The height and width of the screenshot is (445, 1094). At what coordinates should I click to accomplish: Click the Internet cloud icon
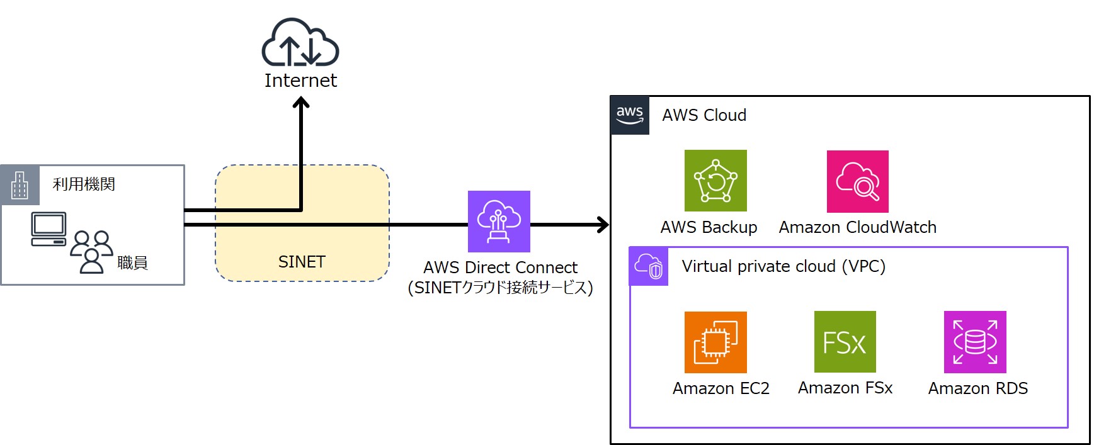(x=300, y=43)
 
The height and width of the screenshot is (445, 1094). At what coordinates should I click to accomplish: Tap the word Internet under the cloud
(x=300, y=81)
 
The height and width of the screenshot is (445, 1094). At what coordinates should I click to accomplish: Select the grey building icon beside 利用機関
(x=20, y=185)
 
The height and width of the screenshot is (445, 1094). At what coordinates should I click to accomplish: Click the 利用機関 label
(x=84, y=184)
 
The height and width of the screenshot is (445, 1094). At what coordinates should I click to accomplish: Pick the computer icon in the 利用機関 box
(x=48, y=229)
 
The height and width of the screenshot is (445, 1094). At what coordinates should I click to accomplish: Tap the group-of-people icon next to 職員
(x=91, y=251)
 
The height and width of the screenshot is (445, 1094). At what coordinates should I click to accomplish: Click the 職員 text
(x=132, y=262)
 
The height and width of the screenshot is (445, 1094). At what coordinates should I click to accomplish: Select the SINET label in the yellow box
(x=302, y=262)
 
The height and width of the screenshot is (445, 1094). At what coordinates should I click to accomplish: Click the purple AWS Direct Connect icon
(x=499, y=222)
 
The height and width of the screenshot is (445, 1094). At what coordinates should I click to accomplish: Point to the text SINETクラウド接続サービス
(x=501, y=288)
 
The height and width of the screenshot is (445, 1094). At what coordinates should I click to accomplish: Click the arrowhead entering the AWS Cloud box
(x=604, y=225)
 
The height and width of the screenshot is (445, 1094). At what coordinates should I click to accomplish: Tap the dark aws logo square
(x=630, y=115)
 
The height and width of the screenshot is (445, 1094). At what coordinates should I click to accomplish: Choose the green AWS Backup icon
(x=715, y=181)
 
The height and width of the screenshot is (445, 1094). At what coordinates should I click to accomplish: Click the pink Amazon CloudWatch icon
(x=857, y=181)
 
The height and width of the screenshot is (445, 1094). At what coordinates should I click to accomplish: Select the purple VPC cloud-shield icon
(x=649, y=266)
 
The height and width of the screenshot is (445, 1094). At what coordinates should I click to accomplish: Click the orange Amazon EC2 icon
(x=715, y=342)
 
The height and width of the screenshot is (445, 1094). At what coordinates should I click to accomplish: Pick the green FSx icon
(x=845, y=342)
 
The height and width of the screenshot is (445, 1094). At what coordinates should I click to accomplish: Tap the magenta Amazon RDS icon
(x=974, y=342)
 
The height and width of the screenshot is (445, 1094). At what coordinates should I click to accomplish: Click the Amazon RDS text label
(x=977, y=388)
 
